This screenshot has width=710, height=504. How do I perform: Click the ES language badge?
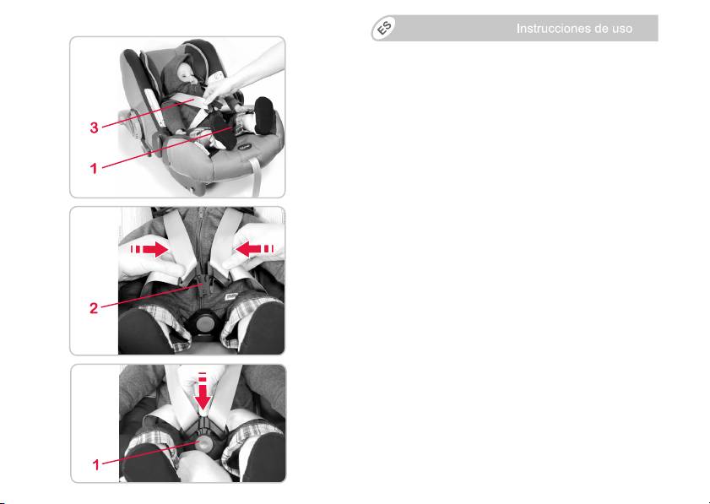(x=384, y=28)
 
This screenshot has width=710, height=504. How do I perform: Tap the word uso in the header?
(x=622, y=30)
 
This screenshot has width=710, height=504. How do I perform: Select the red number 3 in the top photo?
(x=94, y=127)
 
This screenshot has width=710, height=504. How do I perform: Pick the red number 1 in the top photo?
(x=94, y=169)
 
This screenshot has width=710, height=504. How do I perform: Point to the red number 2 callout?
(x=93, y=308)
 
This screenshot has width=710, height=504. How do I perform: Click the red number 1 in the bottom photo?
(x=95, y=464)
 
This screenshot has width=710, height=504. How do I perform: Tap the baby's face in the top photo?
(x=186, y=73)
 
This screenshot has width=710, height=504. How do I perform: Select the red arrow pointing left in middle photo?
(x=255, y=249)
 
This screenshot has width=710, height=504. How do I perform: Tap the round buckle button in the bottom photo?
(x=204, y=443)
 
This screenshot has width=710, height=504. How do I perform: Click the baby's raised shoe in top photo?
(x=263, y=115)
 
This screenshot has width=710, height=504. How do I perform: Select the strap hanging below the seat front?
(x=256, y=176)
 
